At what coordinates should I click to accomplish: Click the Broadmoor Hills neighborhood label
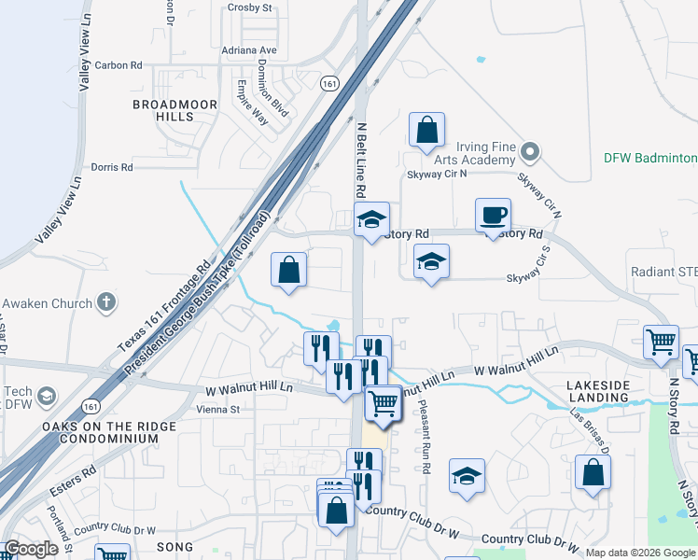[174, 110]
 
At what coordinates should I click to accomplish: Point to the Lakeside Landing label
[607, 391]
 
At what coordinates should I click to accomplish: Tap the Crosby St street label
[249, 7]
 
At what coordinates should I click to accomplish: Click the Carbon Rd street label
[119, 65]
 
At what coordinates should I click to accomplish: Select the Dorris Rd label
[112, 167]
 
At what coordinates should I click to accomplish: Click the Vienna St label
[218, 409]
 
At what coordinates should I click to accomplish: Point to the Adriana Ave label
[249, 49]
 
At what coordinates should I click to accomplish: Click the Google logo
[31, 549]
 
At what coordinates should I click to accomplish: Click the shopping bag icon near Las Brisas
[593, 472]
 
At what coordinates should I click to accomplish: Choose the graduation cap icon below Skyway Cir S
[431, 261]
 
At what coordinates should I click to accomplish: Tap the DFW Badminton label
[650, 158]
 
